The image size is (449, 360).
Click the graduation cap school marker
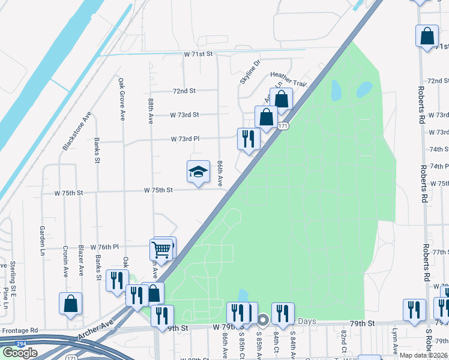[198, 172]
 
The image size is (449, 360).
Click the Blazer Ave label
[81, 260]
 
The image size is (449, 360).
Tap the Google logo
[20, 353]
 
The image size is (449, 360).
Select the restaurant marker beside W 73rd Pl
[248, 139]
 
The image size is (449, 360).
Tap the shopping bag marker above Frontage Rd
[71, 304]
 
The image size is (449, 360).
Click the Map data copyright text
[423, 355]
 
